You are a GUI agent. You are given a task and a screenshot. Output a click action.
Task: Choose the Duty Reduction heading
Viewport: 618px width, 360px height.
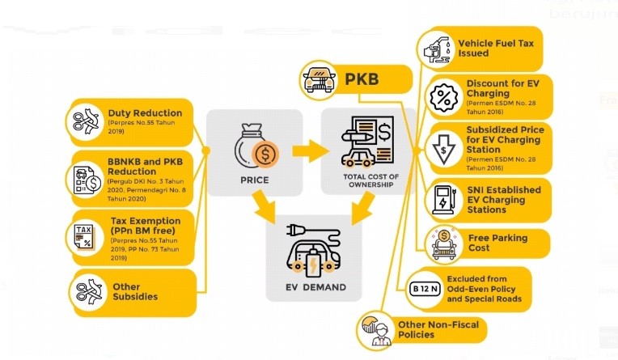point(145,113)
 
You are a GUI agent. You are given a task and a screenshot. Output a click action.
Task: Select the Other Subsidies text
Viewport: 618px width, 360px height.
point(127,292)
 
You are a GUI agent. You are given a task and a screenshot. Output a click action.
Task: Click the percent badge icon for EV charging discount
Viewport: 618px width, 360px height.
point(443,96)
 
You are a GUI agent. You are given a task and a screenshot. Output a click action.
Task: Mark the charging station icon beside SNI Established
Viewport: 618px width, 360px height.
point(443,198)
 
